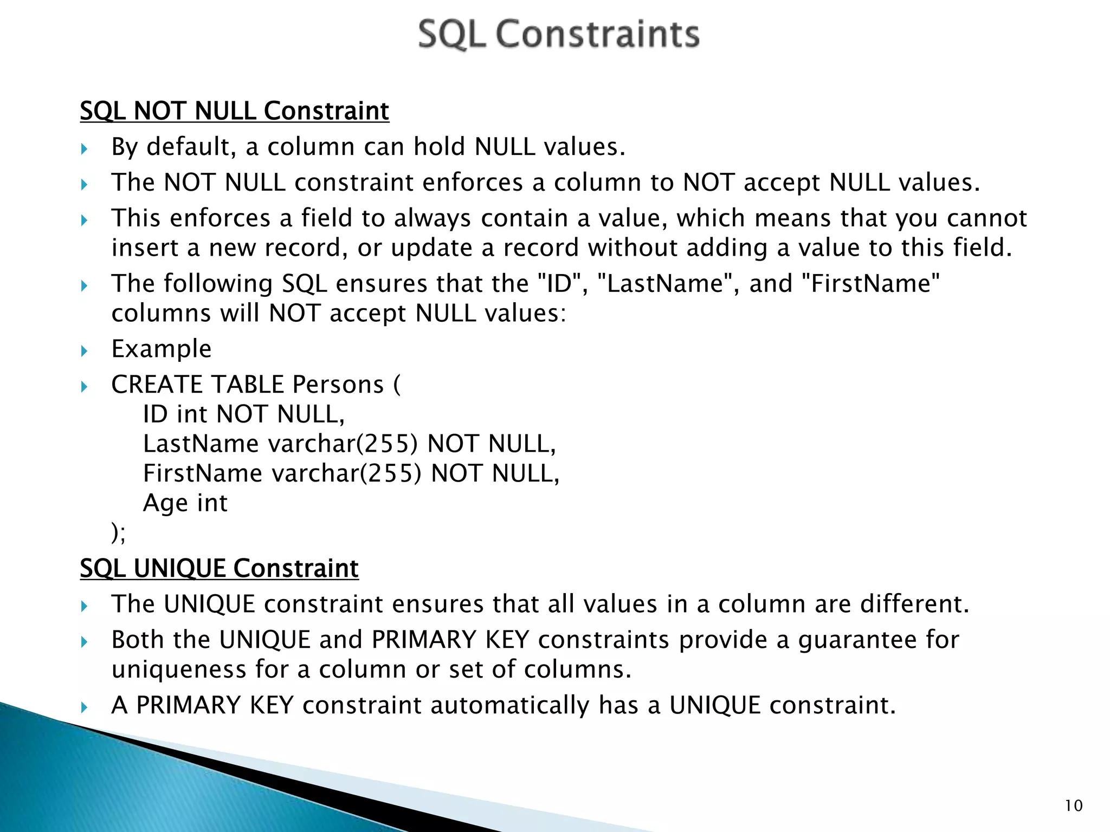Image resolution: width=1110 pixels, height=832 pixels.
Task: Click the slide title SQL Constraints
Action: pyautogui.click(x=559, y=34)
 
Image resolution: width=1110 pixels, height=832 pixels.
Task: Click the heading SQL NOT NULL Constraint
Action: pyautogui.click(x=234, y=111)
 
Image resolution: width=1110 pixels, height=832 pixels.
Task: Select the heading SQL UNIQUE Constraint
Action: pyautogui.click(x=219, y=568)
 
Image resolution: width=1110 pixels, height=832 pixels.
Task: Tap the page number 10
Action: pyautogui.click(x=1073, y=806)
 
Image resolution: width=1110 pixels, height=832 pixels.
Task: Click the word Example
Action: pyautogui.click(x=161, y=349)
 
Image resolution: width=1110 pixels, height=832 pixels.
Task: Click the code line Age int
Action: pyautogui.click(x=185, y=503)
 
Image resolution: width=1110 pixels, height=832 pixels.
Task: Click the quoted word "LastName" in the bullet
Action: pyautogui.click(x=664, y=284)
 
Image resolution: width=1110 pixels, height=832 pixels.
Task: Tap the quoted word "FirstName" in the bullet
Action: pyautogui.click(x=870, y=284)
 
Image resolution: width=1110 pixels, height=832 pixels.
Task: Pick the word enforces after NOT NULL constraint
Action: pyautogui.click(x=472, y=183)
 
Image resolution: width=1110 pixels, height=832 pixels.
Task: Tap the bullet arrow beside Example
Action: pyautogui.click(x=84, y=351)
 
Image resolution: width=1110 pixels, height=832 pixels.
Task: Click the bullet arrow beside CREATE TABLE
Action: pyautogui.click(x=84, y=387)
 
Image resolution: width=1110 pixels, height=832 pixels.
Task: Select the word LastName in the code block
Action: pyautogui.click(x=201, y=444)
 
